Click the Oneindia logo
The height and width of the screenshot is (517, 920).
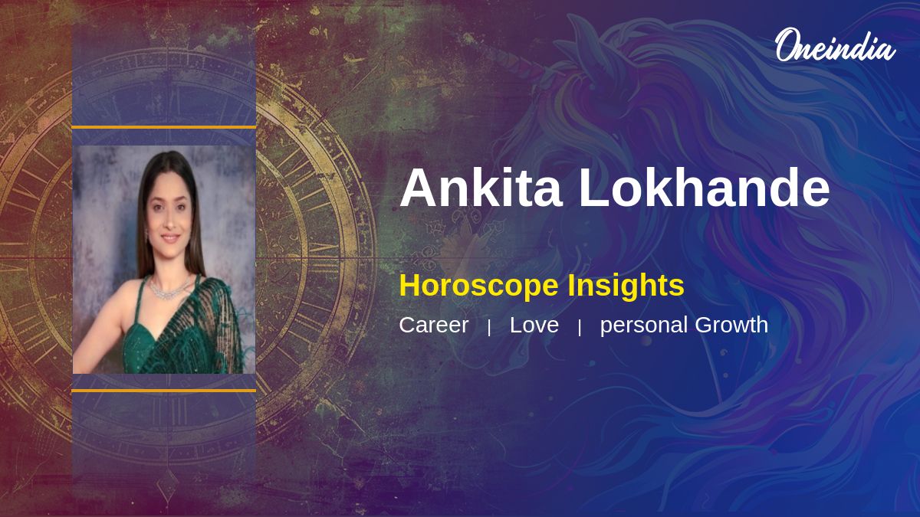click(836, 45)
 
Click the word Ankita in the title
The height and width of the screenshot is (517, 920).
click(481, 188)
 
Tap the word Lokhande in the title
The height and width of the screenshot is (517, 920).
click(704, 188)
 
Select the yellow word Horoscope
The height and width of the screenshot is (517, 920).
click(478, 286)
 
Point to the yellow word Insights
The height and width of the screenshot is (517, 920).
click(626, 286)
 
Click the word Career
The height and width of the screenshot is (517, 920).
click(434, 325)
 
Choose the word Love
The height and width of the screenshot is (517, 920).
click(534, 325)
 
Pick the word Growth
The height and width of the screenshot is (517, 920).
click(731, 325)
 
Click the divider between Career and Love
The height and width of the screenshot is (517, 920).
click(489, 328)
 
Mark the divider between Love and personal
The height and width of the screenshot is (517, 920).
click(580, 328)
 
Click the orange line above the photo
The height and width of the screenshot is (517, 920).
click(164, 128)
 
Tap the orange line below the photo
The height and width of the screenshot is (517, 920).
click(164, 391)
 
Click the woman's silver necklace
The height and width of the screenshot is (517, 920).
click(169, 290)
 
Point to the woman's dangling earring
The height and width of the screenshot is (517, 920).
click(146, 236)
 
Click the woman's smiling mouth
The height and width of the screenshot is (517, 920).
click(169, 237)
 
